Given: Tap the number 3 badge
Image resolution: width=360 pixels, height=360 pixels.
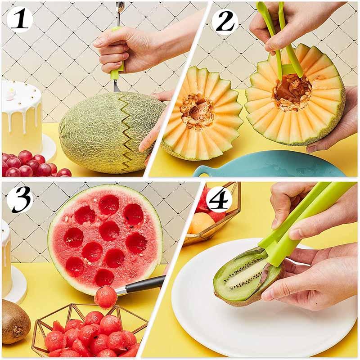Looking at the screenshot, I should pyautogui.click(x=19, y=198).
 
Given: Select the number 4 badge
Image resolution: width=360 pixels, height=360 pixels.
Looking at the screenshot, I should pyautogui.click(x=219, y=198).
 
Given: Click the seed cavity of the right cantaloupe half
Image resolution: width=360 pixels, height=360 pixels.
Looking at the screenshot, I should pyautogui.click(x=292, y=92).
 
